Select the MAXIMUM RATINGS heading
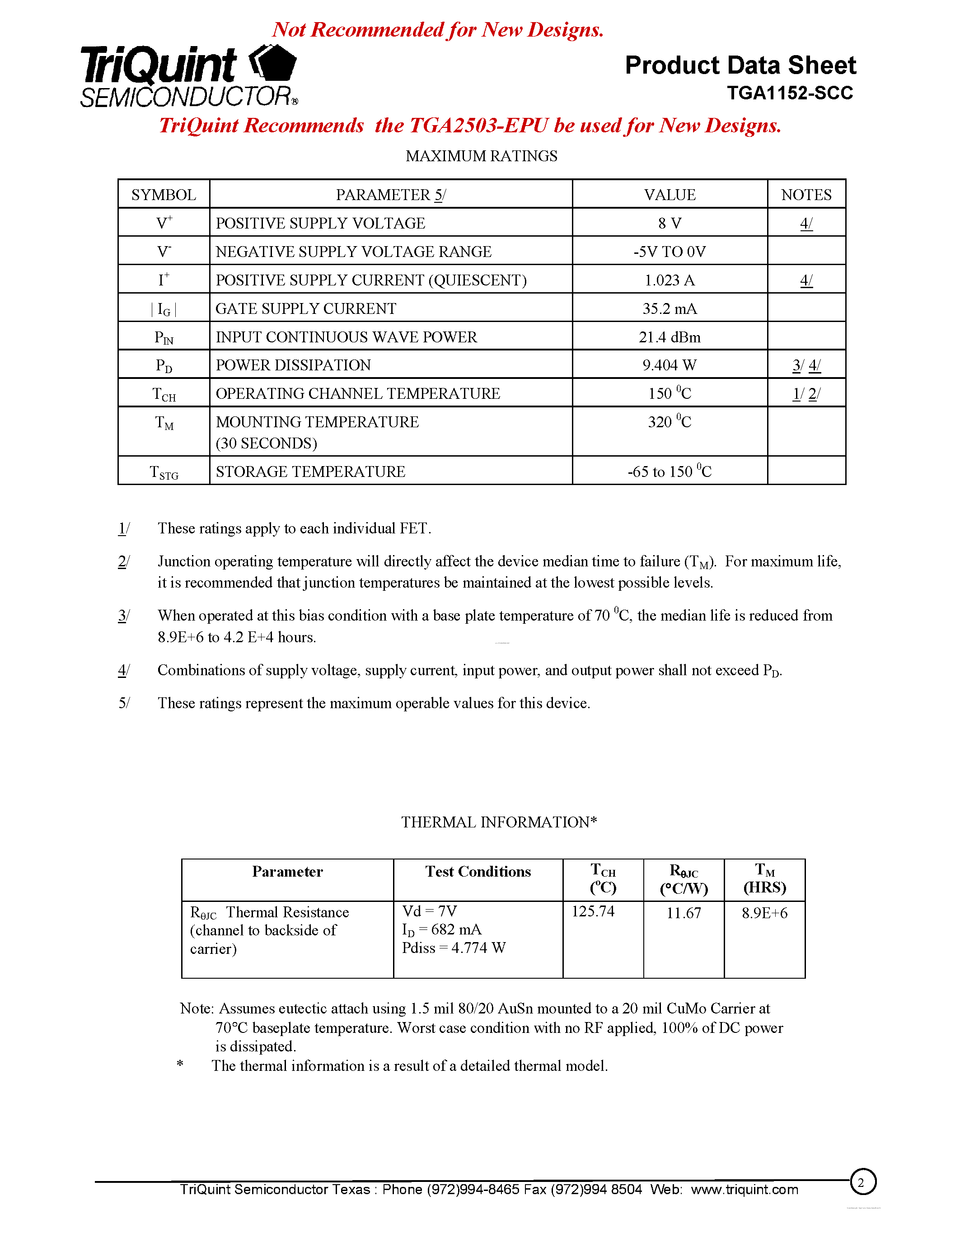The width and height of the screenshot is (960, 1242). tap(481, 156)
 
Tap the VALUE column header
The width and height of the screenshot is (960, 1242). tap(670, 195)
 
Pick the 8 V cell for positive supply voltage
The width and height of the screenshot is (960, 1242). tap(670, 224)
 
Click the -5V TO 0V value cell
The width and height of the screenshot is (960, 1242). tap(670, 252)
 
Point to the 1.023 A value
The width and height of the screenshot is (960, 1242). tap(670, 280)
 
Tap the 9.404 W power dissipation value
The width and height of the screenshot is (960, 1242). tap(670, 365)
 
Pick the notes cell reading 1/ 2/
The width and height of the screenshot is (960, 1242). tap(806, 393)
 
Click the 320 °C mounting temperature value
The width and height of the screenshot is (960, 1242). tap(670, 422)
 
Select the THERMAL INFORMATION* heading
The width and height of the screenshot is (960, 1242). tap(499, 822)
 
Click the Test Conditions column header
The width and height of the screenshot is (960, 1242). tap(478, 872)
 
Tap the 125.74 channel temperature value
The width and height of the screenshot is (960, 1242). tap(593, 911)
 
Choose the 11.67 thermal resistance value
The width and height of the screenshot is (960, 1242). tap(683, 913)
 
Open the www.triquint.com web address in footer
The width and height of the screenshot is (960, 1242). tap(744, 1190)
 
